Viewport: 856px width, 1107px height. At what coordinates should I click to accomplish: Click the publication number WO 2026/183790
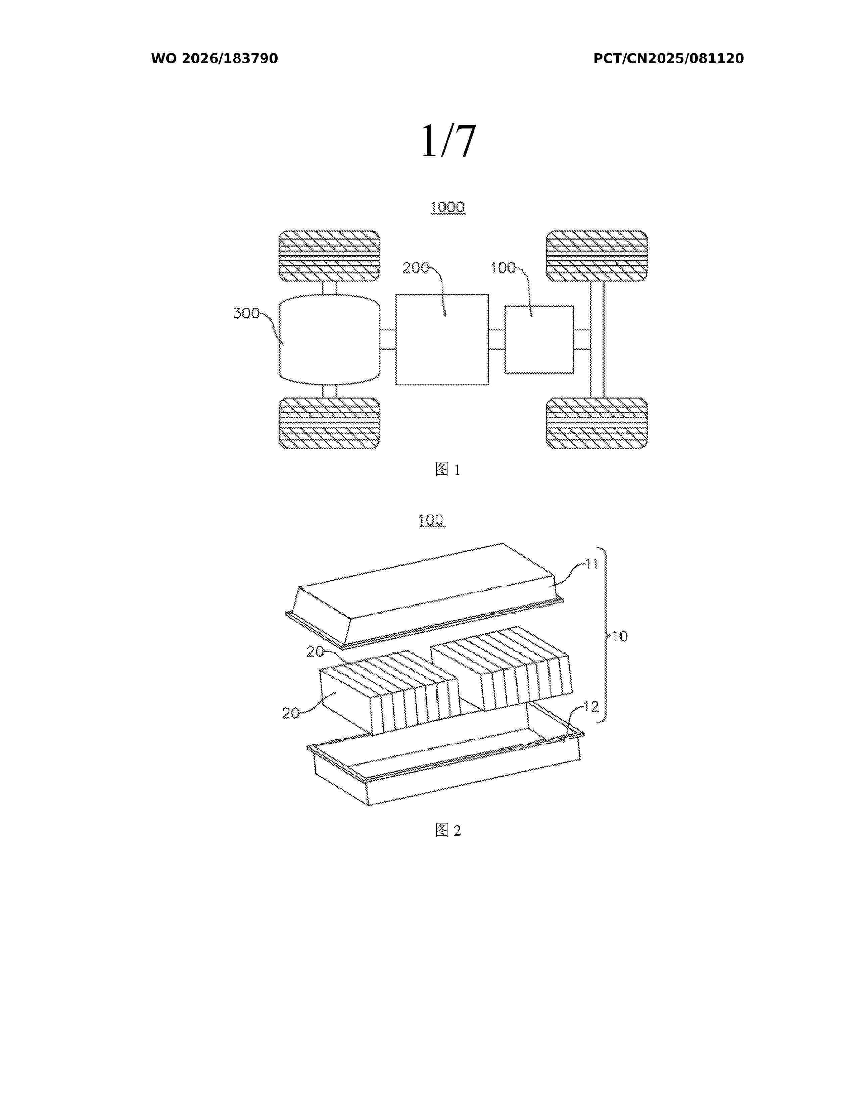coord(215,58)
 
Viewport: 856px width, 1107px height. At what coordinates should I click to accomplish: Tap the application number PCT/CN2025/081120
coord(668,58)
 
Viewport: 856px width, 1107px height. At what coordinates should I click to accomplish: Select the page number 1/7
coord(449,141)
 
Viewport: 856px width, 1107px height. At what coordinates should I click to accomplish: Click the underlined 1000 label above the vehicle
coord(448,207)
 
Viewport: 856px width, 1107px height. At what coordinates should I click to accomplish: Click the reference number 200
coord(416,268)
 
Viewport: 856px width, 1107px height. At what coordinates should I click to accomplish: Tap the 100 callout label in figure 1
coord(503,268)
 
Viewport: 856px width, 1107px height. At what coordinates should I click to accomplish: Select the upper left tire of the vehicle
coord(329,256)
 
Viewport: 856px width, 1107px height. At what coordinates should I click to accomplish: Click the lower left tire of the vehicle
coord(329,423)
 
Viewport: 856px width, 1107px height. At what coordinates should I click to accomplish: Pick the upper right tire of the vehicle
coord(597,256)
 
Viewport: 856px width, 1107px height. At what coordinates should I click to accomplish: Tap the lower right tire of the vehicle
coord(597,423)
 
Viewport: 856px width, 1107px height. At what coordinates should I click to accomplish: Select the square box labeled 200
coord(442,339)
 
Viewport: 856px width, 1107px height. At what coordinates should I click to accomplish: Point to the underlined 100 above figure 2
coord(432,520)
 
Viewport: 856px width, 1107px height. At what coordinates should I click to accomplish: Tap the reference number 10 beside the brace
coord(620,636)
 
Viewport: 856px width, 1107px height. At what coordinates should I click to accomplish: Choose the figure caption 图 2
coord(448,830)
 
